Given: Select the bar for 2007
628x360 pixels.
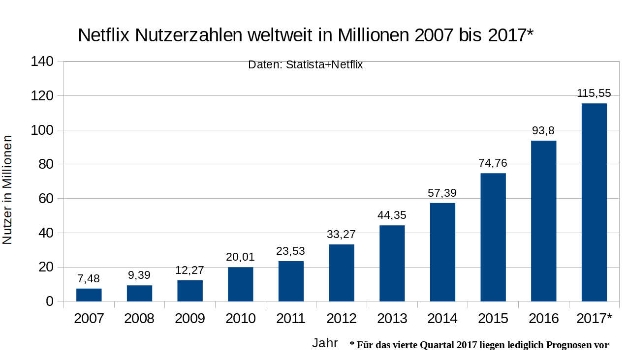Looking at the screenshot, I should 89,295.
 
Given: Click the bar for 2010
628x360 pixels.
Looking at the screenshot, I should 241,284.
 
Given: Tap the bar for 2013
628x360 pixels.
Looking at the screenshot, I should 392,263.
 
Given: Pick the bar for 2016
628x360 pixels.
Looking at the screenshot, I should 544,221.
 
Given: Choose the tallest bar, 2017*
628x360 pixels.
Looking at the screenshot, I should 594,202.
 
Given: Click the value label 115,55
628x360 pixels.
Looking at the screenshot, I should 594,93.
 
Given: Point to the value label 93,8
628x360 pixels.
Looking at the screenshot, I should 543,131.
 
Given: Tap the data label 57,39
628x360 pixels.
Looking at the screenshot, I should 442,193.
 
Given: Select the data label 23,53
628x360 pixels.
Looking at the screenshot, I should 291,251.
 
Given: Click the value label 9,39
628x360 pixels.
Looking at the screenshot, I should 139,275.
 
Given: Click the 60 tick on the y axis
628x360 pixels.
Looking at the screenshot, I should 46,199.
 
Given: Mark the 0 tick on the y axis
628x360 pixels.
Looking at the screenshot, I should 50,301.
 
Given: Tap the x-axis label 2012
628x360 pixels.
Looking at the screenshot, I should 342,319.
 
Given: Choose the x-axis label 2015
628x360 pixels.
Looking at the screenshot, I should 493,319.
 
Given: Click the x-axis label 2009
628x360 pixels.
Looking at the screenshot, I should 190,319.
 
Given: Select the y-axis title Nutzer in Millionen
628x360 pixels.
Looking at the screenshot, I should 7,189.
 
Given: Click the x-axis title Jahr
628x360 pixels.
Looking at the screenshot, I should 325,343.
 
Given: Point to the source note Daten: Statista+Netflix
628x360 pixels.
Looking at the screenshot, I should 305,64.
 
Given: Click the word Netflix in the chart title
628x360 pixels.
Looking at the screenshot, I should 103,35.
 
